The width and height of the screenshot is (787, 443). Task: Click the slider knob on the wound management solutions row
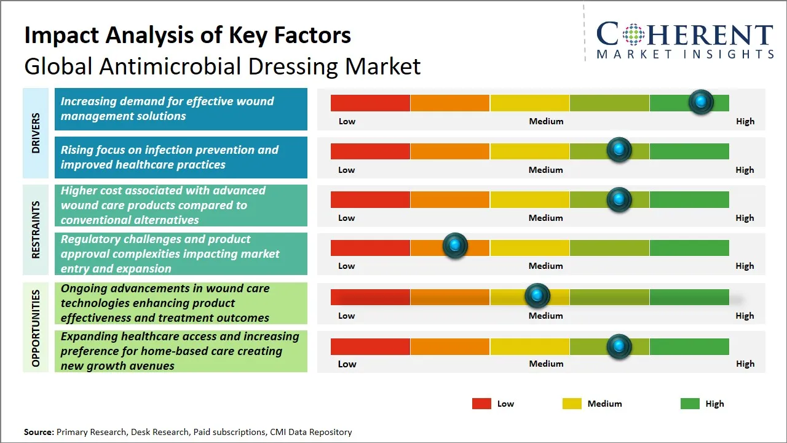[x=701, y=102]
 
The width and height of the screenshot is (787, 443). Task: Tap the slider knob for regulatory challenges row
[x=455, y=246]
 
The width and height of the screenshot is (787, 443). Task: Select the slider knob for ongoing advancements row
[x=537, y=296]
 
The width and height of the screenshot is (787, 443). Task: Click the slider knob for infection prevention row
[x=619, y=150]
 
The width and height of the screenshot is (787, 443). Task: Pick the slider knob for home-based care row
[x=619, y=346]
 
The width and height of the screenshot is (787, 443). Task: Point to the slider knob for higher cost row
[x=619, y=199]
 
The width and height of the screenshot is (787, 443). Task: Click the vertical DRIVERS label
[x=36, y=133]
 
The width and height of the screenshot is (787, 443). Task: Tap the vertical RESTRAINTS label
[x=36, y=229]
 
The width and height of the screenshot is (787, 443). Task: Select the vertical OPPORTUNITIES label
[x=36, y=328]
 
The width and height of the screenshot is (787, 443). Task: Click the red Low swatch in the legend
[x=481, y=404]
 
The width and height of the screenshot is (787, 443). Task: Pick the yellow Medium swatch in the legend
[x=572, y=404]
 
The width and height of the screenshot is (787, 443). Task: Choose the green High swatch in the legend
[x=690, y=404]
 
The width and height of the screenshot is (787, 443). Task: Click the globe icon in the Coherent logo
[x=633, y=34]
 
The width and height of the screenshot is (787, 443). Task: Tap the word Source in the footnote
[x=39, y=433]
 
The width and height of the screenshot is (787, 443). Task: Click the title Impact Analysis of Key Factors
[x=188, y=36]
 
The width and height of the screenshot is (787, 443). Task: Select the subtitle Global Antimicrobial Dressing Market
[x=222, y=66]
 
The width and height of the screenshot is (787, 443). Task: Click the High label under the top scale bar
[x=745, y=121]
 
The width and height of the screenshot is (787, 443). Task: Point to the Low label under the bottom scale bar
[x=347, y=364]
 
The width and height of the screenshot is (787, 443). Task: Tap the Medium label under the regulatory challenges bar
[x=545, y=266]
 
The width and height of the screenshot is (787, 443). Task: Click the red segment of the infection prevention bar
[x=370, y=151]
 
